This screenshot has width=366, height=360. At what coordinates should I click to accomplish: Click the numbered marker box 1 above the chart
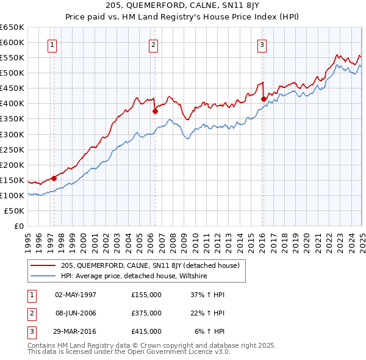52,45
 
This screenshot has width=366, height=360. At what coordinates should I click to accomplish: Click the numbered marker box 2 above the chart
153,45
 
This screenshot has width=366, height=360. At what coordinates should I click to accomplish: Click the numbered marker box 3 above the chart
262,45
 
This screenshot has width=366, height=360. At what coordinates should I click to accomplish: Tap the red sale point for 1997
54,178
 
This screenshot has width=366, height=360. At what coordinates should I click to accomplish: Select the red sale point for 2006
155,111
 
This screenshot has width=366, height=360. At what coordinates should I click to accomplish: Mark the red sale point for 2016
264,99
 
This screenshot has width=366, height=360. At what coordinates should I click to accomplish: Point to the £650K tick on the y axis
12,27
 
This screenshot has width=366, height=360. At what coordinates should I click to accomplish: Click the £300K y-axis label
12,134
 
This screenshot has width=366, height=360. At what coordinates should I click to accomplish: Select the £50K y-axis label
14,211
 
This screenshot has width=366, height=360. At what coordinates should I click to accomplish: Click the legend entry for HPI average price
134,276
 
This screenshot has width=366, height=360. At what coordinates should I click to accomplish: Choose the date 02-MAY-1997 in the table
76,295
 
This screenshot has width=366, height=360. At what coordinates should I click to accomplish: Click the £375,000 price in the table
146,313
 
